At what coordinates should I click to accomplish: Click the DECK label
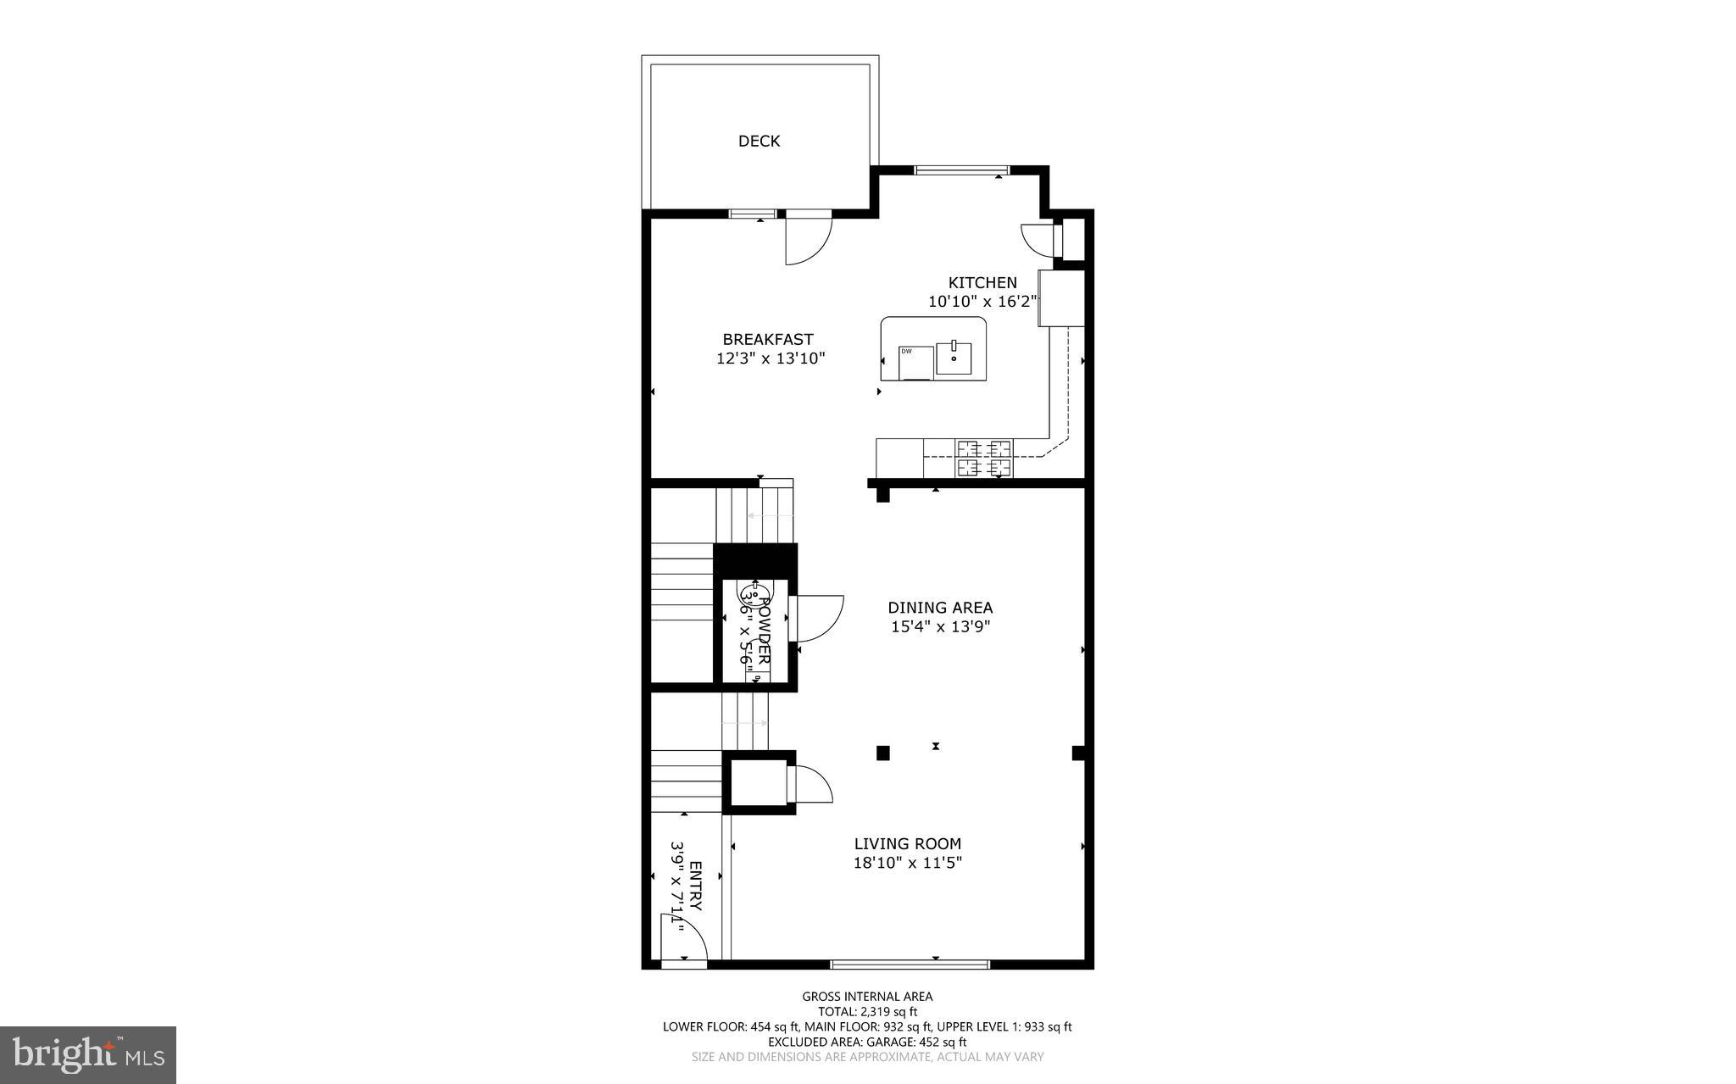click(x=759, y=142)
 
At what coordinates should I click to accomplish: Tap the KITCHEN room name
click(x=982, y=283)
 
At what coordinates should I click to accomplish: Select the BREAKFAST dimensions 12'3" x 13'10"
click(x=771, y=359)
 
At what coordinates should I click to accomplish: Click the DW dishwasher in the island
click(x=915, y=363)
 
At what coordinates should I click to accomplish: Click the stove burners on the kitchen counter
click(x=984, y=458)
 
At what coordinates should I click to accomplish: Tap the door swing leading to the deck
click(x=806, y=240)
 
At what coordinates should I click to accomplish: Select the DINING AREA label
click(x=940, y=608)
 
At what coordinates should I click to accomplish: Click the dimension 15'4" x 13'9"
click(x=940, y=627)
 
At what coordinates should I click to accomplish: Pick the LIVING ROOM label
click(x=907, y=844)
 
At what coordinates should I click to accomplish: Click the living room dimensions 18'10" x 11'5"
click(x=907, y=864)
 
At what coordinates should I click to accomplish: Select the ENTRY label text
click(x=695, y=887)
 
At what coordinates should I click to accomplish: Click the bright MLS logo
click(x=88, y=1054)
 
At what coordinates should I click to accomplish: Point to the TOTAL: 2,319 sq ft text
click(x=867, y=1011)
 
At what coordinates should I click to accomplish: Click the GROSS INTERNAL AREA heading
click(x=867, y=997)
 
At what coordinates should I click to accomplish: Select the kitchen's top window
click(x=961, y=171)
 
